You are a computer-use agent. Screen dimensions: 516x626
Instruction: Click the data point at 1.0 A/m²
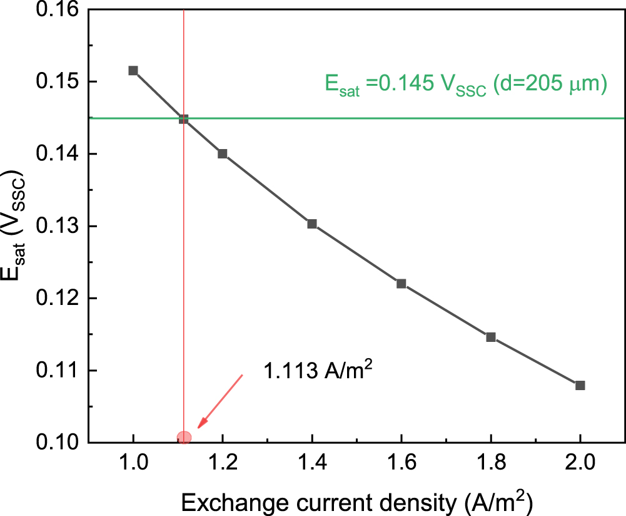[133, 71]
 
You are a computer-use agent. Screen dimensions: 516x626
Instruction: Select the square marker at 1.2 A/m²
[223, 154]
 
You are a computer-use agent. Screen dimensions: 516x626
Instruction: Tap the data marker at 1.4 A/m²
[312, 224]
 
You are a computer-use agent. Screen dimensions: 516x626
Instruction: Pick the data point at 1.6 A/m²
[401, 284]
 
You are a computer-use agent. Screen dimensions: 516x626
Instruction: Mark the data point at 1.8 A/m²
[491, 338]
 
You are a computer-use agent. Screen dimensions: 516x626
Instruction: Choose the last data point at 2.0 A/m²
[580, 385]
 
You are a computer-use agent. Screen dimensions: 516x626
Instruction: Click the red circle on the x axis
[184, 438]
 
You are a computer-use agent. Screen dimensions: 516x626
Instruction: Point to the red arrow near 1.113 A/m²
[220, 401]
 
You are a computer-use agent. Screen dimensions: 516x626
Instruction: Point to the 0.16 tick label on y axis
[59, 10]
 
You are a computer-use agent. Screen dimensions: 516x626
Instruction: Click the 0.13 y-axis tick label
[59, 226]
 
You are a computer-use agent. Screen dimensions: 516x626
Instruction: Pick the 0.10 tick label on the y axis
[59, 443]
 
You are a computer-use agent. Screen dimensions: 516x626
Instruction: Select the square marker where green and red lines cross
[184, 119]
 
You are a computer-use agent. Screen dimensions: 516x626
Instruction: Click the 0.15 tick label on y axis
[59, 82]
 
